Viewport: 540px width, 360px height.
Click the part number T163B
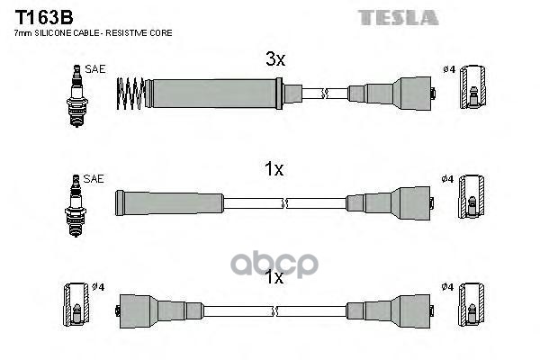click(x=44, y=17)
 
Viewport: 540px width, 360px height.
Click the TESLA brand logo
click(x=398, y=18)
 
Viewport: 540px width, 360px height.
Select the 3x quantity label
click(x=275, y=58)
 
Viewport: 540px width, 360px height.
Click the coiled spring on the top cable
click(x=130, y=94)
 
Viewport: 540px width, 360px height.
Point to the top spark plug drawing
click(x=77, y=95)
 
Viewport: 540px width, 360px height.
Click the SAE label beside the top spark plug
click(x=95, y=69)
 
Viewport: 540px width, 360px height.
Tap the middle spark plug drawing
click(x=76, y=205)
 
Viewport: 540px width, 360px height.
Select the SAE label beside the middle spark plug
click(x=94, y=178)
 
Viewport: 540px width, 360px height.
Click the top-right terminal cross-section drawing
click(x=472, y=86)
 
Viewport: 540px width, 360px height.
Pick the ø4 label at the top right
click(x=449, y=69)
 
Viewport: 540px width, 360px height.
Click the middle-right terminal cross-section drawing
click(x=471, y=196)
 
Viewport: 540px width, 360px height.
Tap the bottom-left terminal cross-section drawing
click(x=76, y=304)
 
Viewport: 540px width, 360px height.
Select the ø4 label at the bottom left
click(x=98, y=286)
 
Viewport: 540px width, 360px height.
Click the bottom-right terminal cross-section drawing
click(x=471, y=304)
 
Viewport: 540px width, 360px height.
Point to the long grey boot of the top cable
click(x=214, y=94)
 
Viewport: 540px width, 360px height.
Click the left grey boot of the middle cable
click(x=169, y=202)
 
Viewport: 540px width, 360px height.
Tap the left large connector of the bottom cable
click(x=135, y=311)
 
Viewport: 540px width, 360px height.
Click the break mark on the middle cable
click(x=284, y=203)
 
